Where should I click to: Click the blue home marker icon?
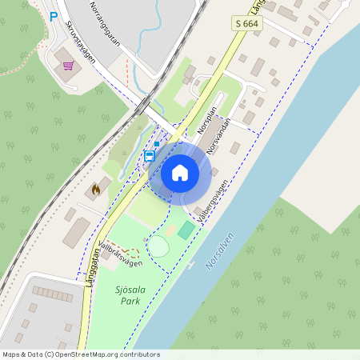coord(180,172)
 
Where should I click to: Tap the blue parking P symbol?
coord(54,16)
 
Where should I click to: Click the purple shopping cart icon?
coord(69,66)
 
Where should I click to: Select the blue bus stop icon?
coord(150,156)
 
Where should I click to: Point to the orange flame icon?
coord(95,189)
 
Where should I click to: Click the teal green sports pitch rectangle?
coord(186,230)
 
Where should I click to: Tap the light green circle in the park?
coord(159,246)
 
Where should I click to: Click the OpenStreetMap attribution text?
coord(80,354)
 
